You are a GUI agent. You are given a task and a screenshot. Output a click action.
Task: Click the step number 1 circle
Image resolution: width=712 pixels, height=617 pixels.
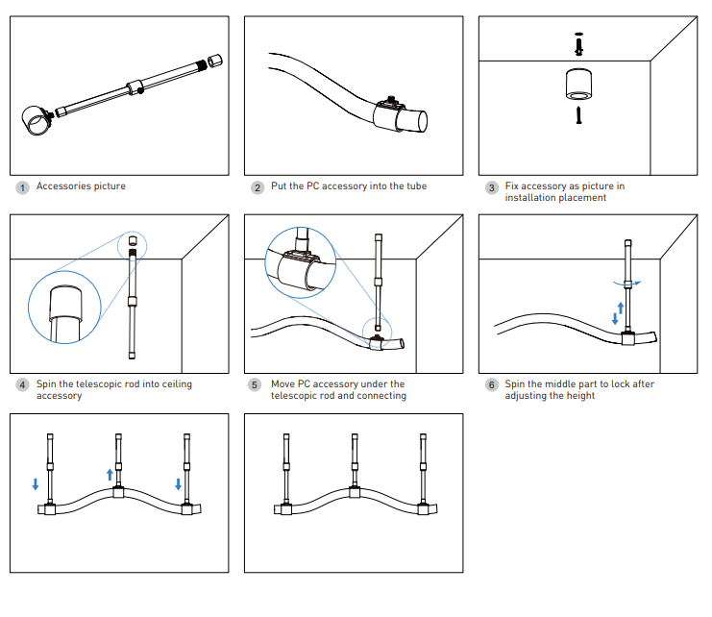pyautogui.click(x=22, y=187)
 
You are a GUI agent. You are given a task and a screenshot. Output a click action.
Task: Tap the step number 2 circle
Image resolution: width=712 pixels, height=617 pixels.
pyautogui.click(x=258, y=187)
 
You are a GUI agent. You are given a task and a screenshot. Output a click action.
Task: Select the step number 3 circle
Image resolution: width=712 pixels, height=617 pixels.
pyautogui.click(x=491, y=187)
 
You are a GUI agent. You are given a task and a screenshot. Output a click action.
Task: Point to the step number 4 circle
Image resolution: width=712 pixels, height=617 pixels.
pyautogui.click(x=22, y=385)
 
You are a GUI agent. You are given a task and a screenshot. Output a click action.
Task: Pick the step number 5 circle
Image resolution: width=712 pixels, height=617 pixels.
pyautogui.click(x=256, y=385)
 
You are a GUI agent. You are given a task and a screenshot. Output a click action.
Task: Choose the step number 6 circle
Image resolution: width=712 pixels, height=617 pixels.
pyautogui.click(x=491, y=385)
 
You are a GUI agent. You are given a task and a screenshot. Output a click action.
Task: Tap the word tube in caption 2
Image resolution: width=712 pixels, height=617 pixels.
pyautogui.click(x=415, y=186)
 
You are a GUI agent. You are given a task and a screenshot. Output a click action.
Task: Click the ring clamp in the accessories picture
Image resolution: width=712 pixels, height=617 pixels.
pyautogui.click(x=37, y=122)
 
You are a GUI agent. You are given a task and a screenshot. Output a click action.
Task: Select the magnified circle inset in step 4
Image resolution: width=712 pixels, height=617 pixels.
pyautogui.click(x=65, y=308)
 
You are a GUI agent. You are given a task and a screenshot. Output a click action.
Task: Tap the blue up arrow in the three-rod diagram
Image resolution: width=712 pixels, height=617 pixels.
pyautogui.click(x=110, y=474)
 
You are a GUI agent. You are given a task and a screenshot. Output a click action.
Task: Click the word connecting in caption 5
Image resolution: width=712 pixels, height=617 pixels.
pyautogui.click(x=381, y=396)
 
